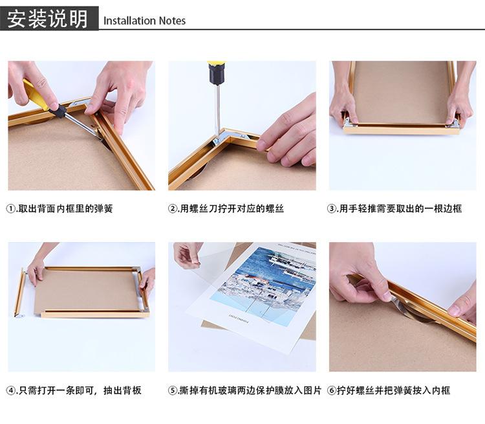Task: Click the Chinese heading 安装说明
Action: pos(48,19)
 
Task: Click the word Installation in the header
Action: pos(129,21)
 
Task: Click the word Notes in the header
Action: pos(172,21)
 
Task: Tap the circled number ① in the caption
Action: pos(10,208)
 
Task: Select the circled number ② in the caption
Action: pos(172,208)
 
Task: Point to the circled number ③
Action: pos(331,208)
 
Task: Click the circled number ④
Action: pos(10,390)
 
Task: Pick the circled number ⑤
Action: pos(172,390)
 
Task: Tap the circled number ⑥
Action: pos(331,390)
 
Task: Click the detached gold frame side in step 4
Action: pos(19,293)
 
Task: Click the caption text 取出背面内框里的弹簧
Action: pos(65,208)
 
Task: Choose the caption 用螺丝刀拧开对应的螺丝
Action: pos(232,208)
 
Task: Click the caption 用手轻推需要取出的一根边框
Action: pos(400,208)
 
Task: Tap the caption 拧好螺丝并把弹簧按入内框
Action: pos(393,390)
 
